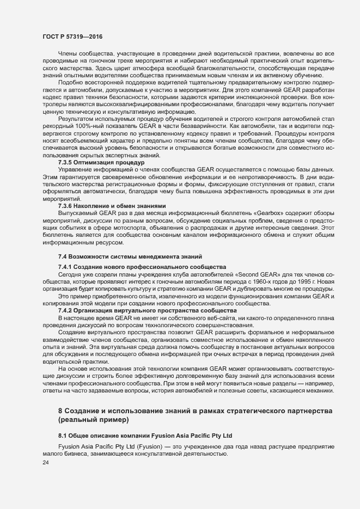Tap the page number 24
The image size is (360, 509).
point(38,463)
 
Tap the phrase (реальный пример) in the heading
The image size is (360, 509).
point(93,419)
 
